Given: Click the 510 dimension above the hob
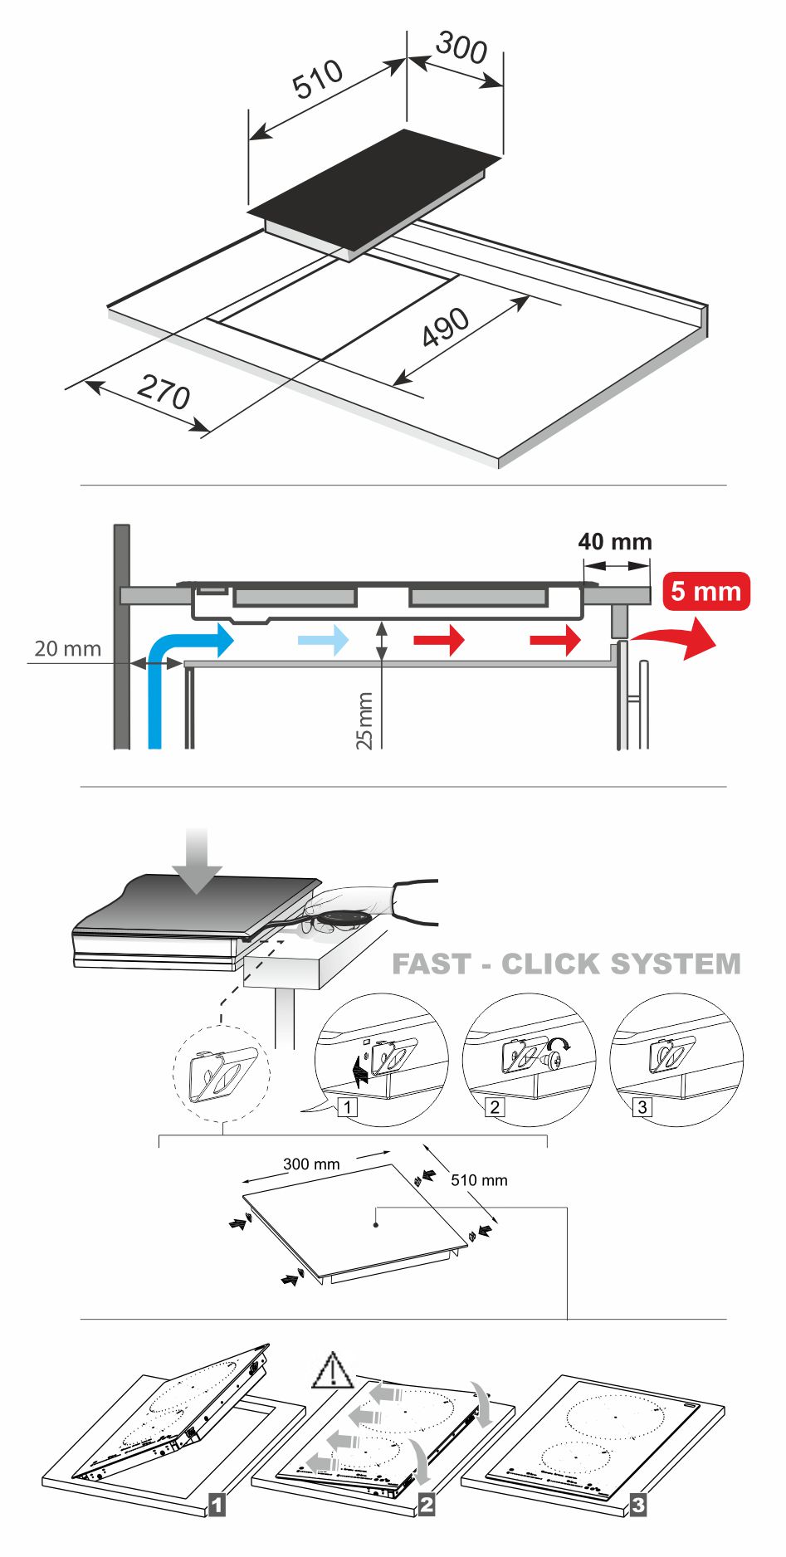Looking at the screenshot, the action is coord(318,79).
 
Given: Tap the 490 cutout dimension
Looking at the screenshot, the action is coord(446,328).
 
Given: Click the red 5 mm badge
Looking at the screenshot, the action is coord(706,592).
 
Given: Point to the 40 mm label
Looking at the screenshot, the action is coord(615,542).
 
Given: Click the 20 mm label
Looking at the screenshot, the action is coord(67,648).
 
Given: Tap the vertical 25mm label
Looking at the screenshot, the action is coord(364,720).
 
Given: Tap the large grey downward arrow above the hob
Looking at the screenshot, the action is coord(197,860).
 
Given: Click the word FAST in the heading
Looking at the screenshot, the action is coord(431,964).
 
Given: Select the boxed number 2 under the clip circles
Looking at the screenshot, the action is coord(495,1106).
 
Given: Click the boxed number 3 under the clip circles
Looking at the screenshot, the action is coord(642,1106).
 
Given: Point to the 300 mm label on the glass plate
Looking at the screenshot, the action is coord(311,1164).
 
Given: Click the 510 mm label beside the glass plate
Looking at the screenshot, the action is coord(479,1180).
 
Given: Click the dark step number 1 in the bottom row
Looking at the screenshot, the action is coord(217,1503).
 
